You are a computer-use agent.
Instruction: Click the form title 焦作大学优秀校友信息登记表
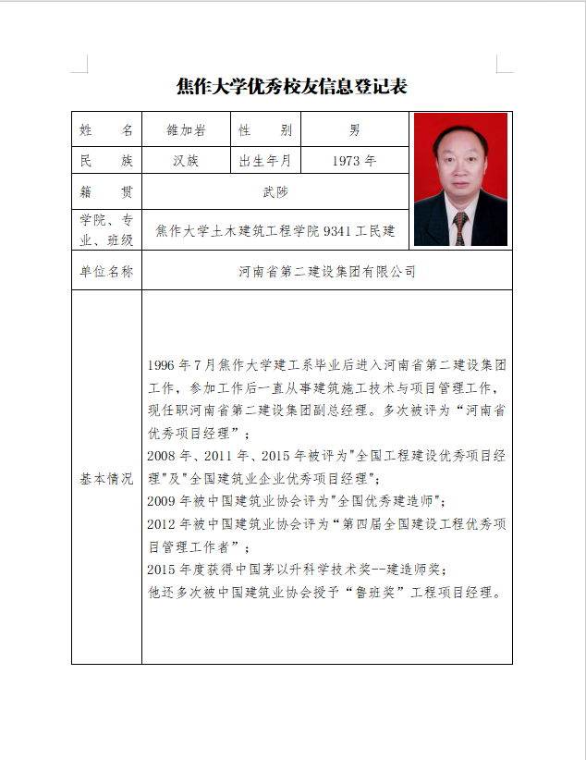point(292,87)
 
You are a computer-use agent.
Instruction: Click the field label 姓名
point(106,130)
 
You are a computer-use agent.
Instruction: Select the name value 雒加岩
point(185,130)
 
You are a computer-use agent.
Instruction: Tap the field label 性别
point(265,130)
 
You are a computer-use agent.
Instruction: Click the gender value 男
point(355,130)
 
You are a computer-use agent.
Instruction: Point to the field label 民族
point(106,161)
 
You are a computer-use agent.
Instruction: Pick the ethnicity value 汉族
point(185,161)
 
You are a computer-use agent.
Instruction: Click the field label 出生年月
point(265,161)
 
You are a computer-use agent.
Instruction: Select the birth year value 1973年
point(355,161)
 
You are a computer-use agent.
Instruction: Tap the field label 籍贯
point(106,191)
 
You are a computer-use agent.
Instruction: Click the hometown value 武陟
point(275,191)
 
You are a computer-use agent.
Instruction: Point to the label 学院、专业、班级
point(106,230)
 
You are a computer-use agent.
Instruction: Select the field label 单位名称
point(106,272)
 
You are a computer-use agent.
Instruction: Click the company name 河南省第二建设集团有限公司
point(327,272)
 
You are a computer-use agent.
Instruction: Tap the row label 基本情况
point(106,479)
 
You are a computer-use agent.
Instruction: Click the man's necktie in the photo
point(459,228)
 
